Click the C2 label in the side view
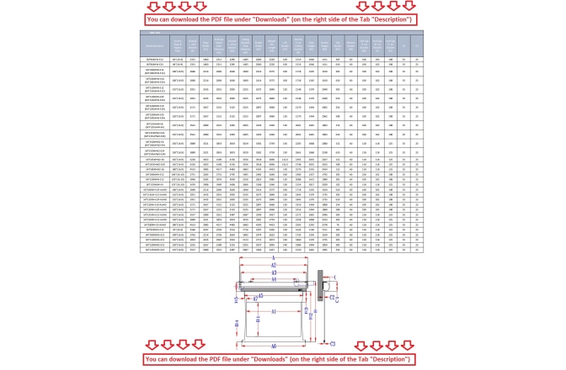pos(332,298)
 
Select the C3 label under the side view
pos(333,344)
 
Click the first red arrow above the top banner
pos(152,6)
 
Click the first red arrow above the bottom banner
pos(152,346)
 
